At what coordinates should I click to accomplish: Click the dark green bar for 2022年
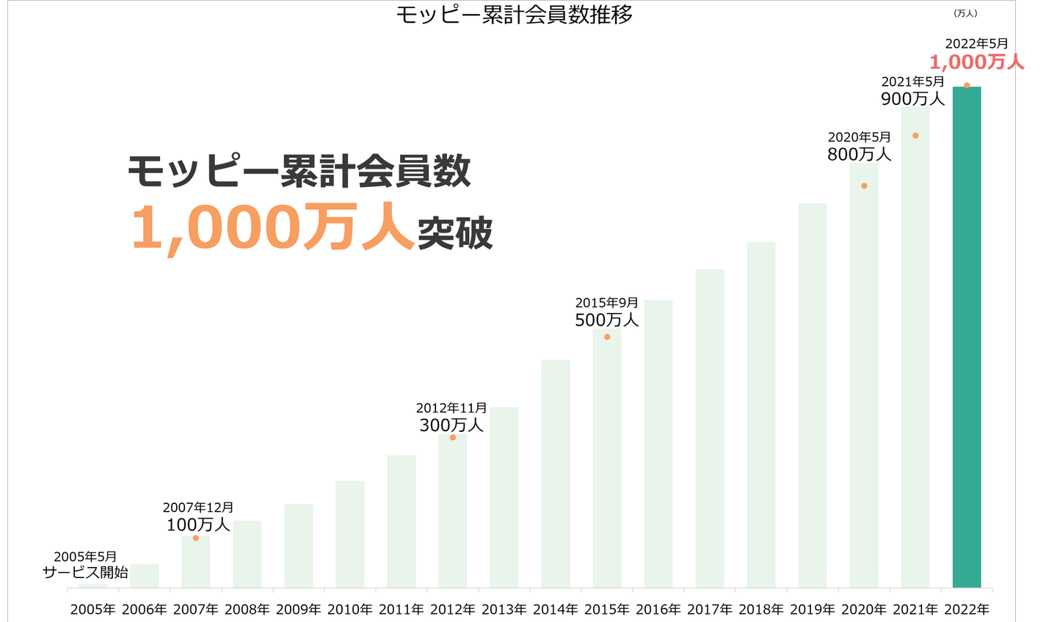point(967,337)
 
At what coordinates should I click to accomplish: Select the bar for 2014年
point(556,473)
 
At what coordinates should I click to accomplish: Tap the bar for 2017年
point(710,428)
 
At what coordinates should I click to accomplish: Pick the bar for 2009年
point(299,546)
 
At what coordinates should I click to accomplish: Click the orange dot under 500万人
point(607,337)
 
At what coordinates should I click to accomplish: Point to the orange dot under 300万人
point(453,437)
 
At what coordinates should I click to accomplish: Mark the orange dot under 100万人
point(196,538)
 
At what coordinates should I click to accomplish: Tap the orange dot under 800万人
point(864,186)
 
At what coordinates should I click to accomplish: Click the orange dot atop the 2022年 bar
point(967,86)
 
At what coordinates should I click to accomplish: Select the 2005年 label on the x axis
point(93,609)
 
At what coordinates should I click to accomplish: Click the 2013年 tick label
point(504,609)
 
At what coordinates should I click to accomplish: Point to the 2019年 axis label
point(813,609)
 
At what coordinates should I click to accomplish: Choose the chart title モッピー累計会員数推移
point(514,15)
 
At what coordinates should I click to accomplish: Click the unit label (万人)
point(965,13)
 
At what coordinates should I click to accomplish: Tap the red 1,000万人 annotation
point(976,62)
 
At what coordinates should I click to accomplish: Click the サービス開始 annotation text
point(85,572)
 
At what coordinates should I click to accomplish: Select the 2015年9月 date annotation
point(606,302)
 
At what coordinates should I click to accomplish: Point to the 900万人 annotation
point(912,98)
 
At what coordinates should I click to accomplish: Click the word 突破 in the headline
point(455,233)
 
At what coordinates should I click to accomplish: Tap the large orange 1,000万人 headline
point(272,227)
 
